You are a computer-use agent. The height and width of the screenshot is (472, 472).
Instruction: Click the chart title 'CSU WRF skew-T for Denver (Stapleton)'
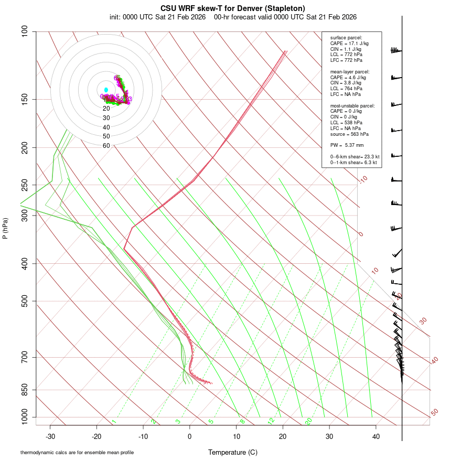(x=233, y=8)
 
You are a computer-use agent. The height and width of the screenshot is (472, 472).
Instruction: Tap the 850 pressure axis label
(x=25, y=390)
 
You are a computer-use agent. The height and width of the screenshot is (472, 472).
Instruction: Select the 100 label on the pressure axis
(x=25, y=31)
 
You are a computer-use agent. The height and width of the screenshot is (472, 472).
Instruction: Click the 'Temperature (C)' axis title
(x=233, y=452)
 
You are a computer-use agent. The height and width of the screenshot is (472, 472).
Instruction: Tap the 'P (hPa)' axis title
(x=5, y=229)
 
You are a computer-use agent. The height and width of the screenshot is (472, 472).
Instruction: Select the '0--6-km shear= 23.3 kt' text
(x=355, y=156)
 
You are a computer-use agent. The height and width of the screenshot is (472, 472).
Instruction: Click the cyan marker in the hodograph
(x=106, y=90)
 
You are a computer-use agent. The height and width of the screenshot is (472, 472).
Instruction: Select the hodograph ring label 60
(x=106, y=146)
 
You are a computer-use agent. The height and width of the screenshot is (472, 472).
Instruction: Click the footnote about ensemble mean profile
(x=77, y=452)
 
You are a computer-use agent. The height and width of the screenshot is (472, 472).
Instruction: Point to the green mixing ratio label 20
(x=308, y=421)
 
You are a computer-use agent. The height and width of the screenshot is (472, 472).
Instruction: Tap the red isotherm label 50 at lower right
(x=434, y=413)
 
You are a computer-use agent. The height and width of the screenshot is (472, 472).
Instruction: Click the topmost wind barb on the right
(x=395, y=50)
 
